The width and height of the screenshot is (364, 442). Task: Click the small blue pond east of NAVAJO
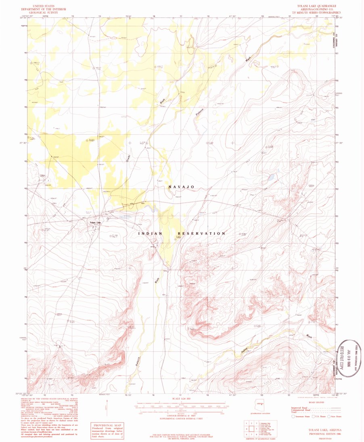272,176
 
